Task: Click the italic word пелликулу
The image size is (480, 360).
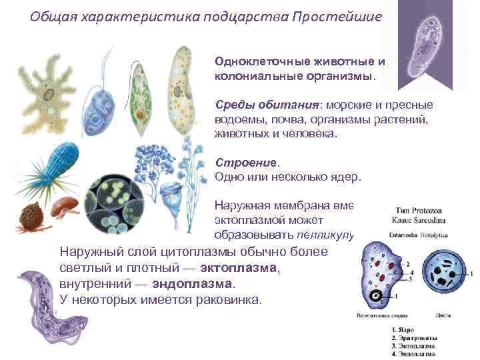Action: [329, 235]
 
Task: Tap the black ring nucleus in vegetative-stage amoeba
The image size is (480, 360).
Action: [382, 295]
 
